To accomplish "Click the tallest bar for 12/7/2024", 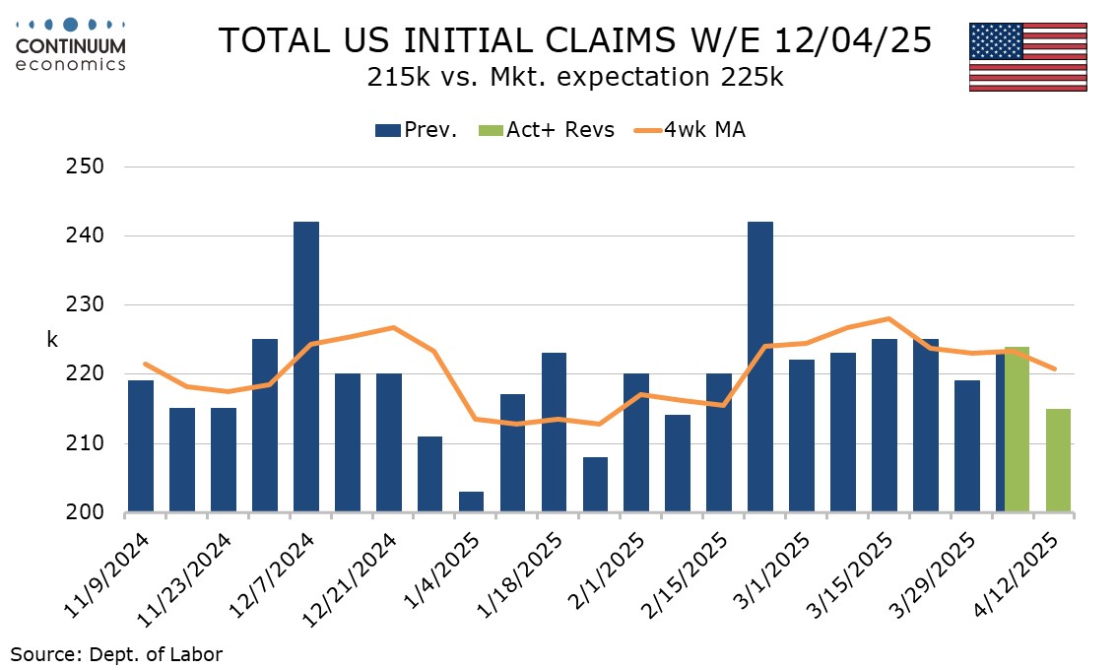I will click(305, 367).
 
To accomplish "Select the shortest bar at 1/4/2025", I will click(471, 502).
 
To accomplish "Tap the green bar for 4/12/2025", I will click(1058, 460).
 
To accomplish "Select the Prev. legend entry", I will click(416, 130).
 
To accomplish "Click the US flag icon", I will click(1027, 57).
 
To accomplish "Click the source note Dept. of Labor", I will click(117, 652).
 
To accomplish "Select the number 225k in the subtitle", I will click(751, 78).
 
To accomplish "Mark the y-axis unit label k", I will click(52, 340).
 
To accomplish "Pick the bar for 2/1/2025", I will click(636, 443).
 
